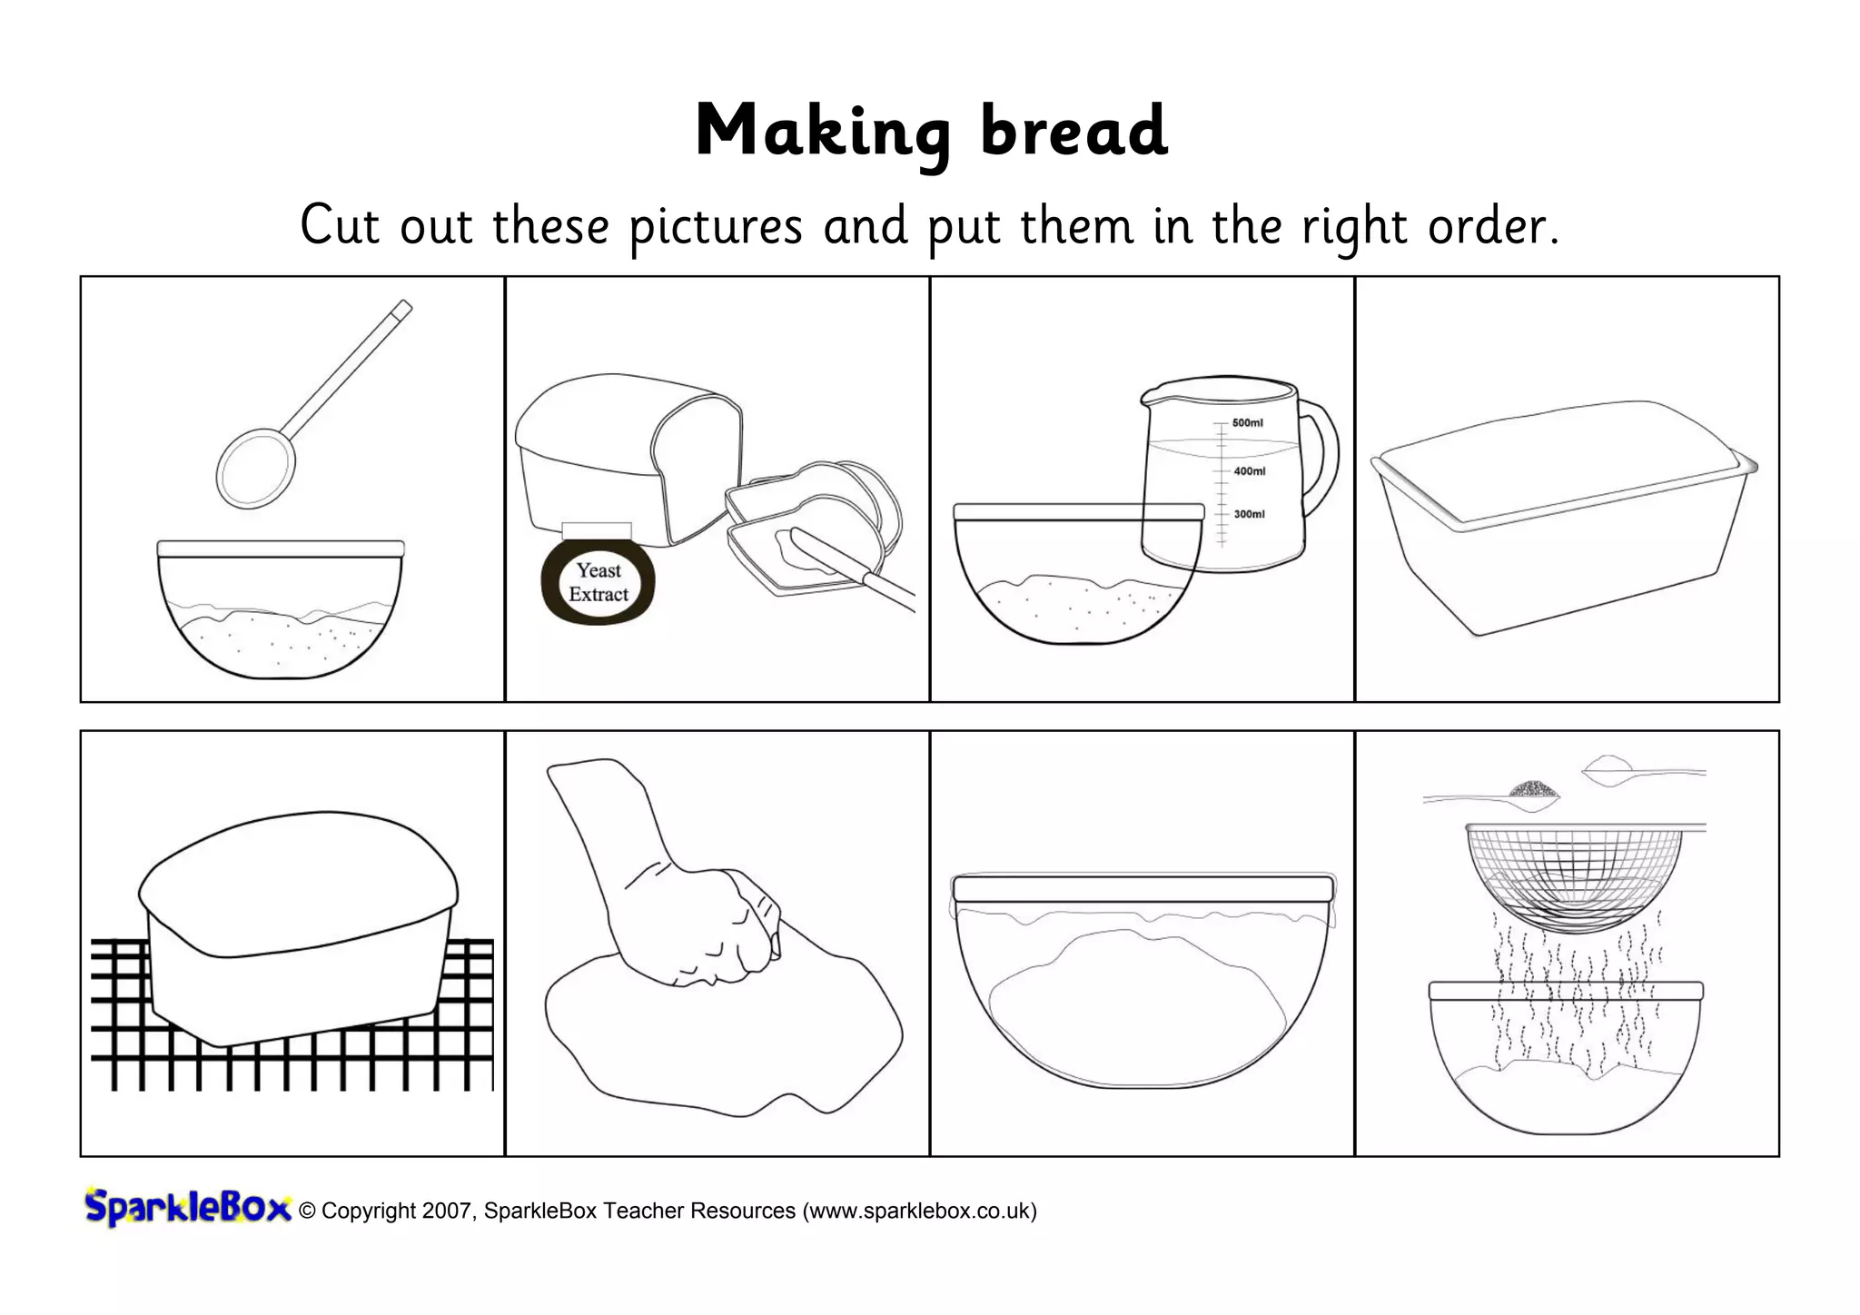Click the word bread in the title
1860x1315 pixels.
1073,133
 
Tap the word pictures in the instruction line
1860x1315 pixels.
716,226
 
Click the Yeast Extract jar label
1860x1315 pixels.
599,582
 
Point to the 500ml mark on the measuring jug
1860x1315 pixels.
1247,423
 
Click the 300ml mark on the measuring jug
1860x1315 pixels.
1249,514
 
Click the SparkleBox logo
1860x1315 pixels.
187,1208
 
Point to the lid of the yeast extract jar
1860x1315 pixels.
597,531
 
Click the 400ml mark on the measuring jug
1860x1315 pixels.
1249,471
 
